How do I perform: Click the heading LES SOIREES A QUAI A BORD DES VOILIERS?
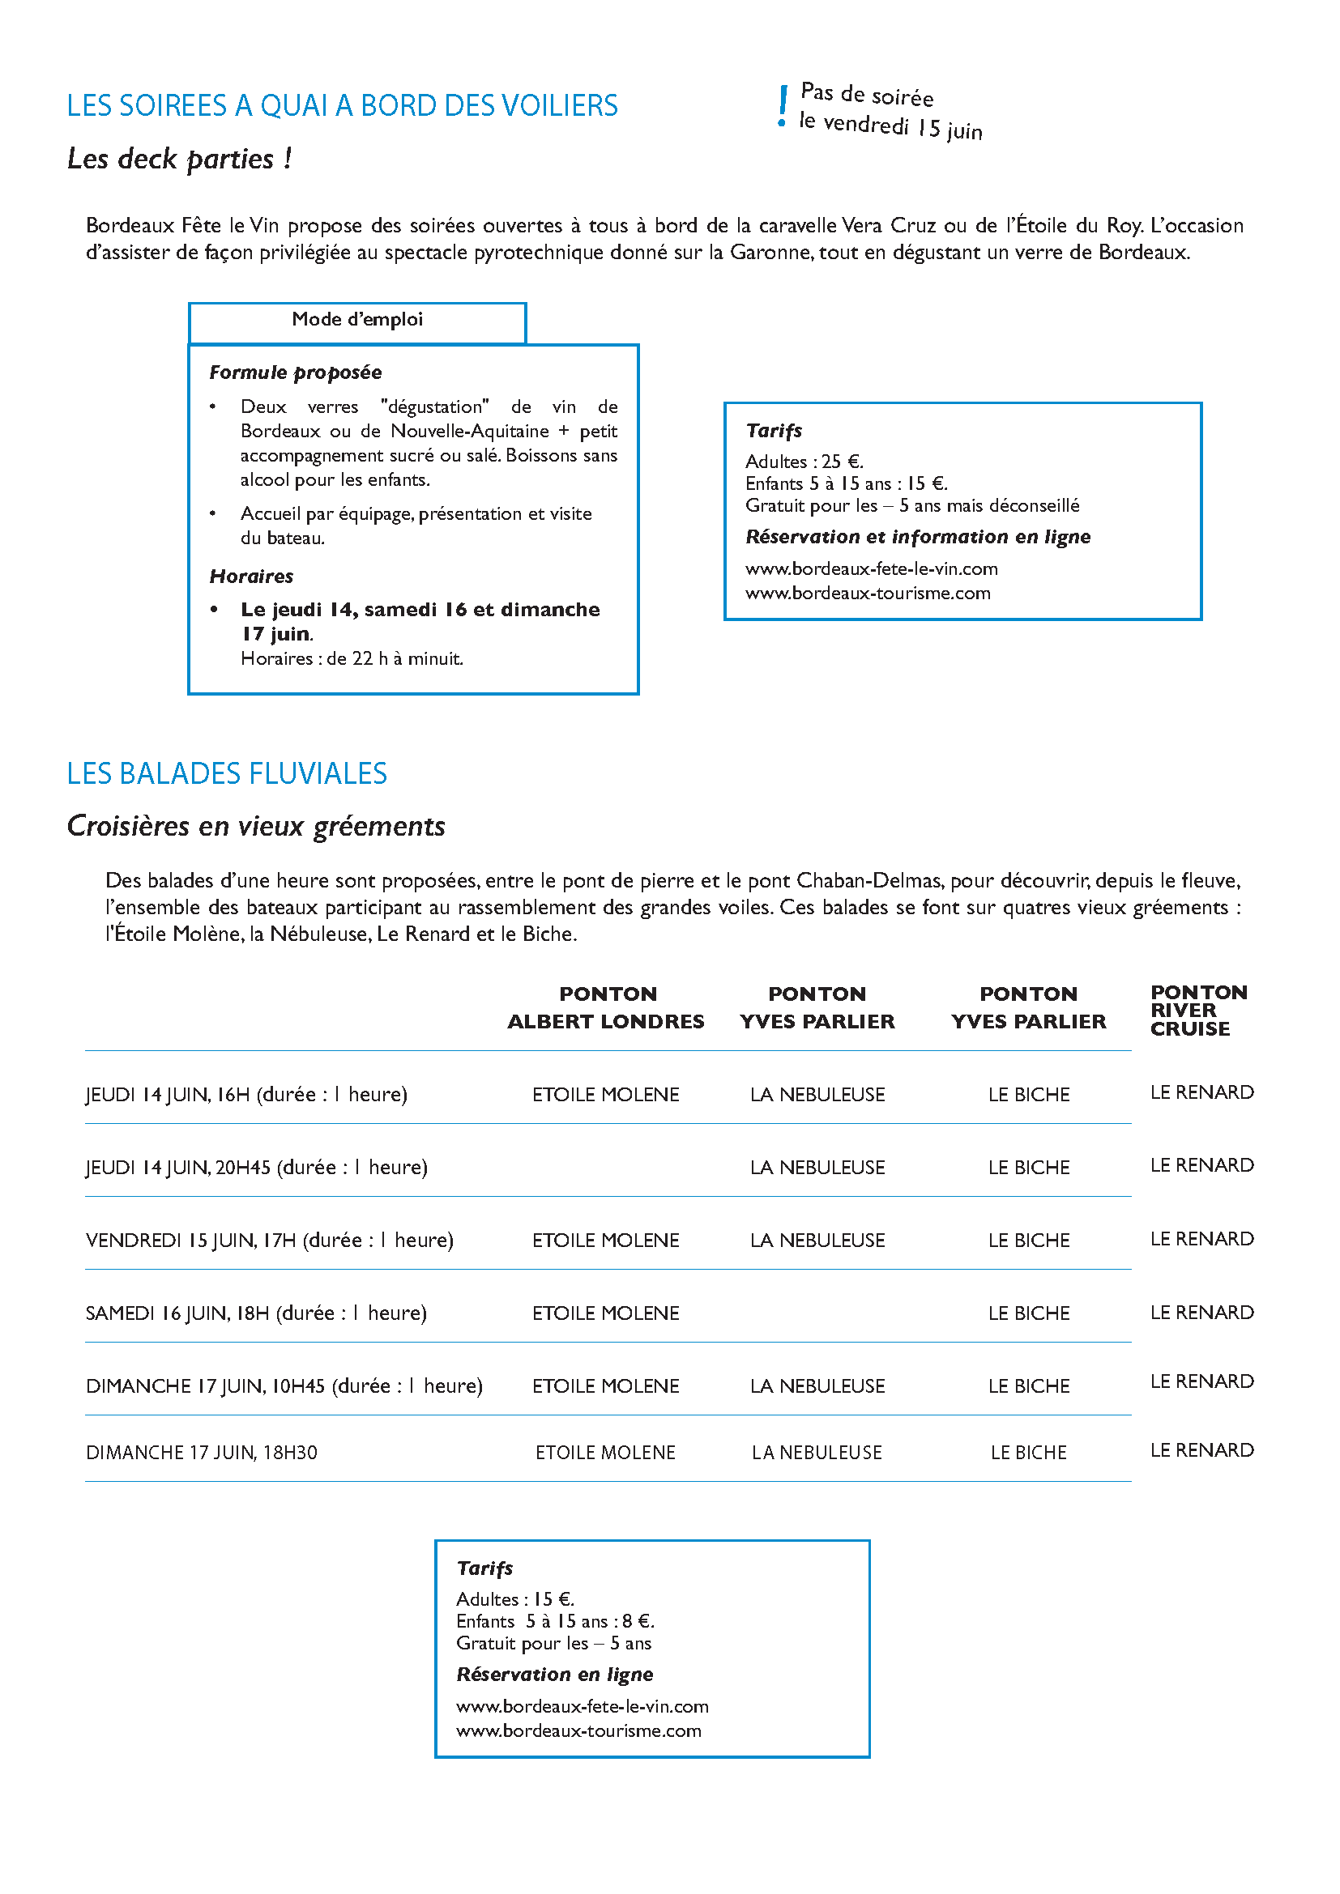tap(342, 106)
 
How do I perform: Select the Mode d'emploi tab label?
tap(357, 320)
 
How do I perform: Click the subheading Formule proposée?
tap(296, 372)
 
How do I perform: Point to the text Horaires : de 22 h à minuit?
tap(352, 659)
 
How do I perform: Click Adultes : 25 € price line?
tap(804, 462)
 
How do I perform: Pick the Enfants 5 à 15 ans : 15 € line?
tap(846, 484)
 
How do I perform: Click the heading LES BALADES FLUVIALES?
tap(227, 774)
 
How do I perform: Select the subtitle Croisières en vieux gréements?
tap(256, 827)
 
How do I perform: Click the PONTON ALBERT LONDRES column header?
tap(607, 1008)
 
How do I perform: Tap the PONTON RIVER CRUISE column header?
tap(1198, 1011)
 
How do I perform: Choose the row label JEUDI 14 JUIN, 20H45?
tap(257, 1168)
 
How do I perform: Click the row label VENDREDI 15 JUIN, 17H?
tap(270, 1241)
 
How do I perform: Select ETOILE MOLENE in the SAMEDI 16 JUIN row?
tap(606, 1314)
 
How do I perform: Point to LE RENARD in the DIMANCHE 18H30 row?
tap(1201, 1450)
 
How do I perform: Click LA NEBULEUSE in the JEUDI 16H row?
tap(817, 1096)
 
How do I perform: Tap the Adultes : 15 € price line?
tap(515, 1599)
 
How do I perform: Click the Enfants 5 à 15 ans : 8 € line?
tap(554, 1622)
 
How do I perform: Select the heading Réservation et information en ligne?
tap(918, 538)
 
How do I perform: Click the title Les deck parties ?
tap(179, 160)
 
